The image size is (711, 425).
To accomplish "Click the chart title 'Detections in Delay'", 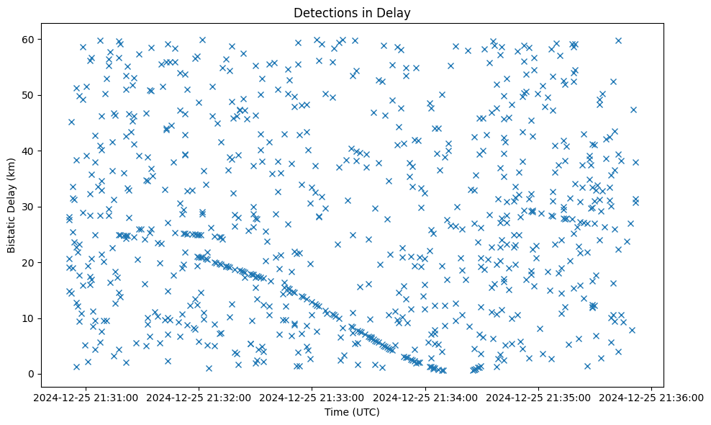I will click(352, 12).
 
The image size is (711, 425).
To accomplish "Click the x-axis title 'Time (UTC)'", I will click(352, 412).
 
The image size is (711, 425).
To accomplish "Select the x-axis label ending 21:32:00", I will click(199, 396).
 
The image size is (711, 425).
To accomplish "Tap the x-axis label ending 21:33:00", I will click(312, 396).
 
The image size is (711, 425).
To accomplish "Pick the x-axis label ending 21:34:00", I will click(425, 396).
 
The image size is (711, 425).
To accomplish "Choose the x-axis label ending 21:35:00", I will click(538, 396).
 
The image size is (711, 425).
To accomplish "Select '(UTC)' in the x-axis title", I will click(366, 412).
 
